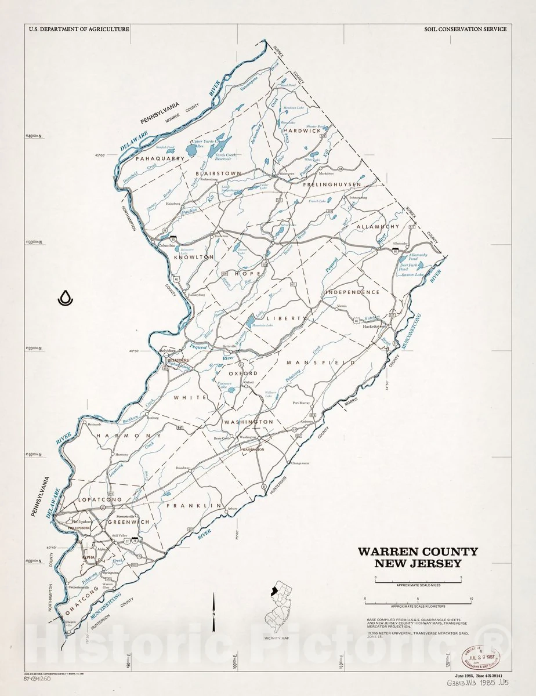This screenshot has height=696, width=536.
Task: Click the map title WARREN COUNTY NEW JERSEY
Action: [418, 557]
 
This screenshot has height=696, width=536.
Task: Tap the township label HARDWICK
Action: [302, 131]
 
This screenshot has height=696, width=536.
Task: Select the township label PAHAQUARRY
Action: [160, 158]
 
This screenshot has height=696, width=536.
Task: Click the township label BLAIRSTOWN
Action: [218, 173]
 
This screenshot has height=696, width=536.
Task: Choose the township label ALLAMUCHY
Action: [378, 227]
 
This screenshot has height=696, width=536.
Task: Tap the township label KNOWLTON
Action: [191, 256]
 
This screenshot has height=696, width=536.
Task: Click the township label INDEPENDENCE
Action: [352, 292]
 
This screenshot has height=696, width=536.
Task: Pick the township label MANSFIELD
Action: [320, 362]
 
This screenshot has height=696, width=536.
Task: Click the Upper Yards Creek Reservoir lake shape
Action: [191, 151]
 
